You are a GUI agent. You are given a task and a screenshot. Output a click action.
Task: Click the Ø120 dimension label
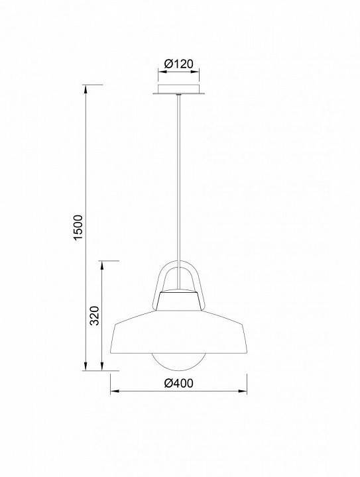click(178, 64)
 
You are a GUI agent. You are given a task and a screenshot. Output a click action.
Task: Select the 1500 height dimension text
click(78, 228)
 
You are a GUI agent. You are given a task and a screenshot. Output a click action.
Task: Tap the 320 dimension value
click(95, 316)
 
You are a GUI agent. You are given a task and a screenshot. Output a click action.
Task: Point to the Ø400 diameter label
click(178, 383)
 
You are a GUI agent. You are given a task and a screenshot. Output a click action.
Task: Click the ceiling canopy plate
click(178, 89)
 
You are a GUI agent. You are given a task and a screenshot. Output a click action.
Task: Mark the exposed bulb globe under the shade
click(178, 362)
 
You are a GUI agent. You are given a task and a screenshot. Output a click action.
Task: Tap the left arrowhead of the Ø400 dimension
click(114, 392)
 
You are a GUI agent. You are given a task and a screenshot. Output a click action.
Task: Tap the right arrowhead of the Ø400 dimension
click(243, 392)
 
